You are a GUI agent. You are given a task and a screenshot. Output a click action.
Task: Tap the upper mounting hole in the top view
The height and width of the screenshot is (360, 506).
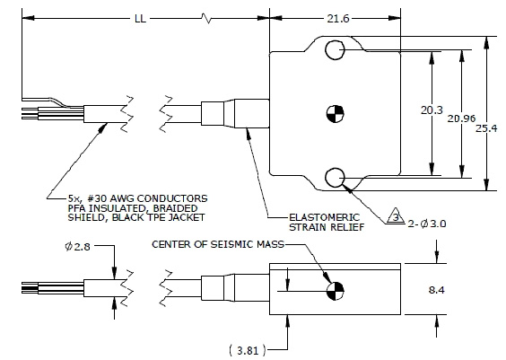334,51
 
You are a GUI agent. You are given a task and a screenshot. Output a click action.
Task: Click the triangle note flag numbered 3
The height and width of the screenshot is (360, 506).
392,216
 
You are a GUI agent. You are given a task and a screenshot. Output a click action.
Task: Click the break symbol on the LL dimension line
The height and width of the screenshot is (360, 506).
209,17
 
